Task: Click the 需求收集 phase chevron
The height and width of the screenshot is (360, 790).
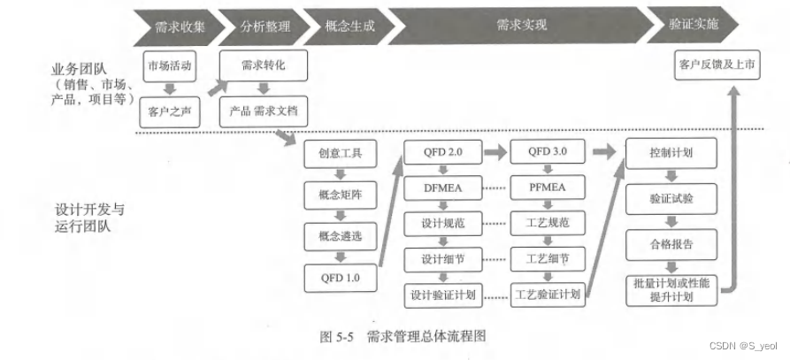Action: coord(173,26)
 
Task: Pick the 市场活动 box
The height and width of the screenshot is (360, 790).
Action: coord(169,65)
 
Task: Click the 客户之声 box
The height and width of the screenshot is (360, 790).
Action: coord(169,111)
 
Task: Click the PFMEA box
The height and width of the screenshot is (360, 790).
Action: coord(548,188)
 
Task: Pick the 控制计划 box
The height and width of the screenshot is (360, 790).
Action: coord(671,152)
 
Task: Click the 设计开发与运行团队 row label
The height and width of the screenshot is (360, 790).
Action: coord(88,218)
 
